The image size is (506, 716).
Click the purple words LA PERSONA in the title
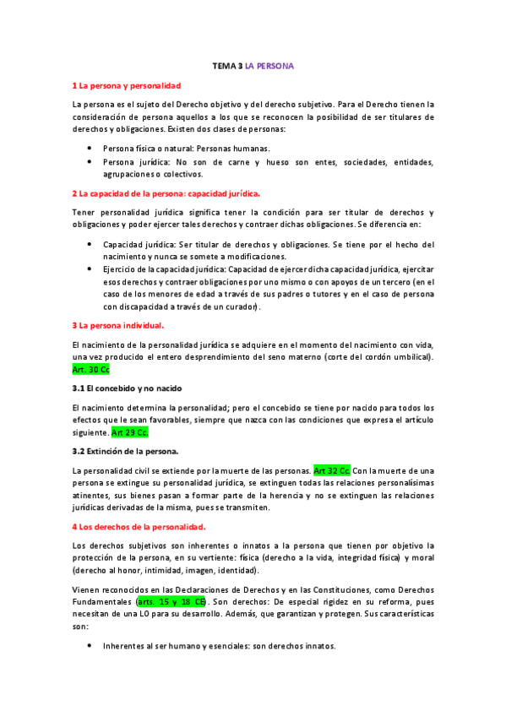(269, 65)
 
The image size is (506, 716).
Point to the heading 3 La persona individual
(118, 324)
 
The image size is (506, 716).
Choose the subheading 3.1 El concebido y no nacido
(126, 388)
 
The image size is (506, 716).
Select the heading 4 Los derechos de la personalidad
(139, 527)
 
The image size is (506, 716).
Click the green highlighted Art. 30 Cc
(91, 369)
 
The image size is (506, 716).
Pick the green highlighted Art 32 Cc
(331, 469)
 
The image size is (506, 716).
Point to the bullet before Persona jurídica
(91, 161)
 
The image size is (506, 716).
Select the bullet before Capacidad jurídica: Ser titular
(91, 244)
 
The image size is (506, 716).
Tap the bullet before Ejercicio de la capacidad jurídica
(91, 269)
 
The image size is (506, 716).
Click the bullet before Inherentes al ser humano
(91, 646)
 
